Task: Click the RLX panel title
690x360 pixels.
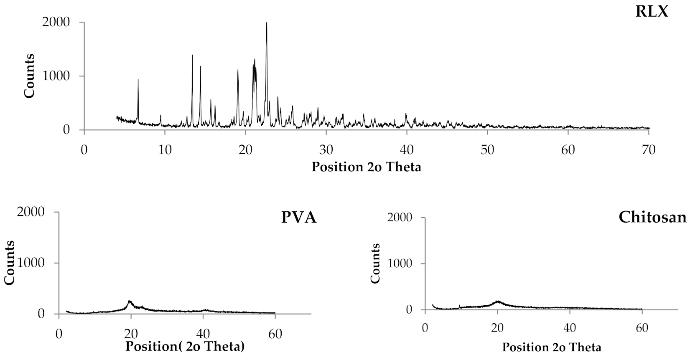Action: click(x=652, y=12)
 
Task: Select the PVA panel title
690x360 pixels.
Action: click(x=298, y=218)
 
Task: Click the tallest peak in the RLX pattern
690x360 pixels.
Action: click(x=267, y=23)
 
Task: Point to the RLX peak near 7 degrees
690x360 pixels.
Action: click(x=138, y=80)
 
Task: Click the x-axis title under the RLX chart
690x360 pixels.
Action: click(x=366, y=167)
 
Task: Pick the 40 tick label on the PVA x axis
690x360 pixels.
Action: click(x=203, y=334)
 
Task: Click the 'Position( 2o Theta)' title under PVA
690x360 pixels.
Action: click(x=185, y=346)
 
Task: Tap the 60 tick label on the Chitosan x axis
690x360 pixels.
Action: click(x=642, y=328)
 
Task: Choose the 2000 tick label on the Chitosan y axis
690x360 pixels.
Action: click(x=402, y=218)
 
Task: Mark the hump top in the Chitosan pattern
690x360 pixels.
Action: click(x=498, y=301)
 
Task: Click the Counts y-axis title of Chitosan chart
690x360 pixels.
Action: click(x=375, y=263)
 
